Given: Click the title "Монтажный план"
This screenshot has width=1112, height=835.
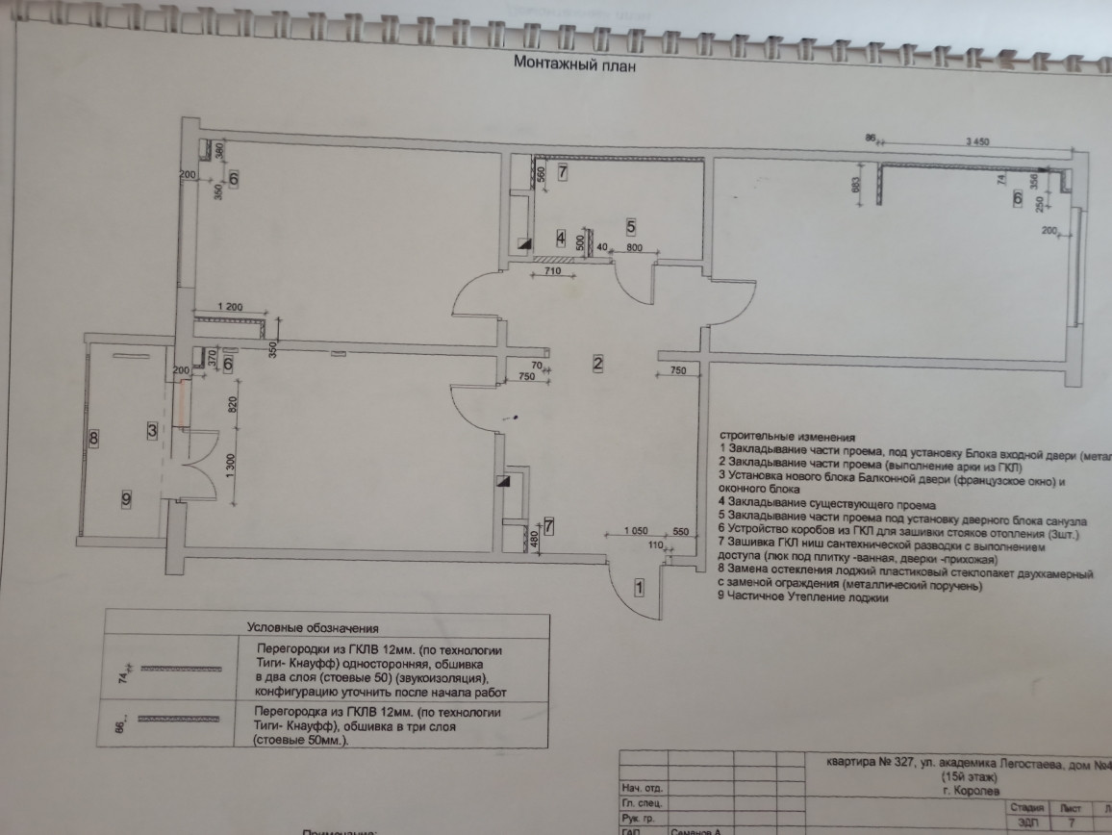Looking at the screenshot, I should [x=575, y=66].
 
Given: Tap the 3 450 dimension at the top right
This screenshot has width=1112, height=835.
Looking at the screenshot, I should [x=976, y=141].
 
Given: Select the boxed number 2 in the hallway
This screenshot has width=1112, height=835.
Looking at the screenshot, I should [x=597, y=364].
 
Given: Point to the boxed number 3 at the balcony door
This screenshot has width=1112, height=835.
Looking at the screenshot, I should [x=152, y=430].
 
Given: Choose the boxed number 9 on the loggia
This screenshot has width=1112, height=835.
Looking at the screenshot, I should [x=125, y=498].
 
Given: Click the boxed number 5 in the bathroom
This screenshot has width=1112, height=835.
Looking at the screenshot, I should [x=631, y=227].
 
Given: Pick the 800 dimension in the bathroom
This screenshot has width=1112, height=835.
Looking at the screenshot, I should [x=635, y=249].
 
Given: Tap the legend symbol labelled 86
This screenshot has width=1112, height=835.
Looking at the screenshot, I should [x=168, y=720].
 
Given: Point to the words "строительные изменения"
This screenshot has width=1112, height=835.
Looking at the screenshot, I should [x=786, y=436].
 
